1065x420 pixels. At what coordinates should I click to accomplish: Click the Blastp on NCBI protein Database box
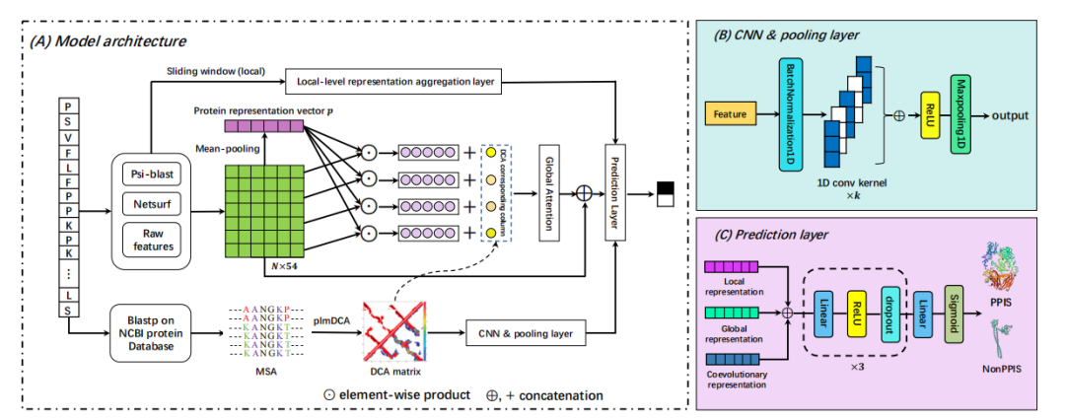pos(156,332)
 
